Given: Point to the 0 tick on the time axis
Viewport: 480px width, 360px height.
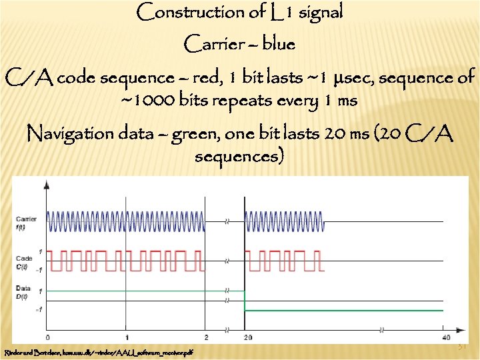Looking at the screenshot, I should click(47, 337).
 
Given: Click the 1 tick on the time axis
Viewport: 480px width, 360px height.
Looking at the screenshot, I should click(127, 337).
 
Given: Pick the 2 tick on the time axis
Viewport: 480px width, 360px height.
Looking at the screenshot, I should click(206, 337).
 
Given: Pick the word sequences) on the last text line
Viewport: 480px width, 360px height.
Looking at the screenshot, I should click(239, 157).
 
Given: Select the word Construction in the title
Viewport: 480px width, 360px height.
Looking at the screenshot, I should click(181, 12).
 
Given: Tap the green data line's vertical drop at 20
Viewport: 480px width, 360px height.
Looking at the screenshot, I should click(245, 301).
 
